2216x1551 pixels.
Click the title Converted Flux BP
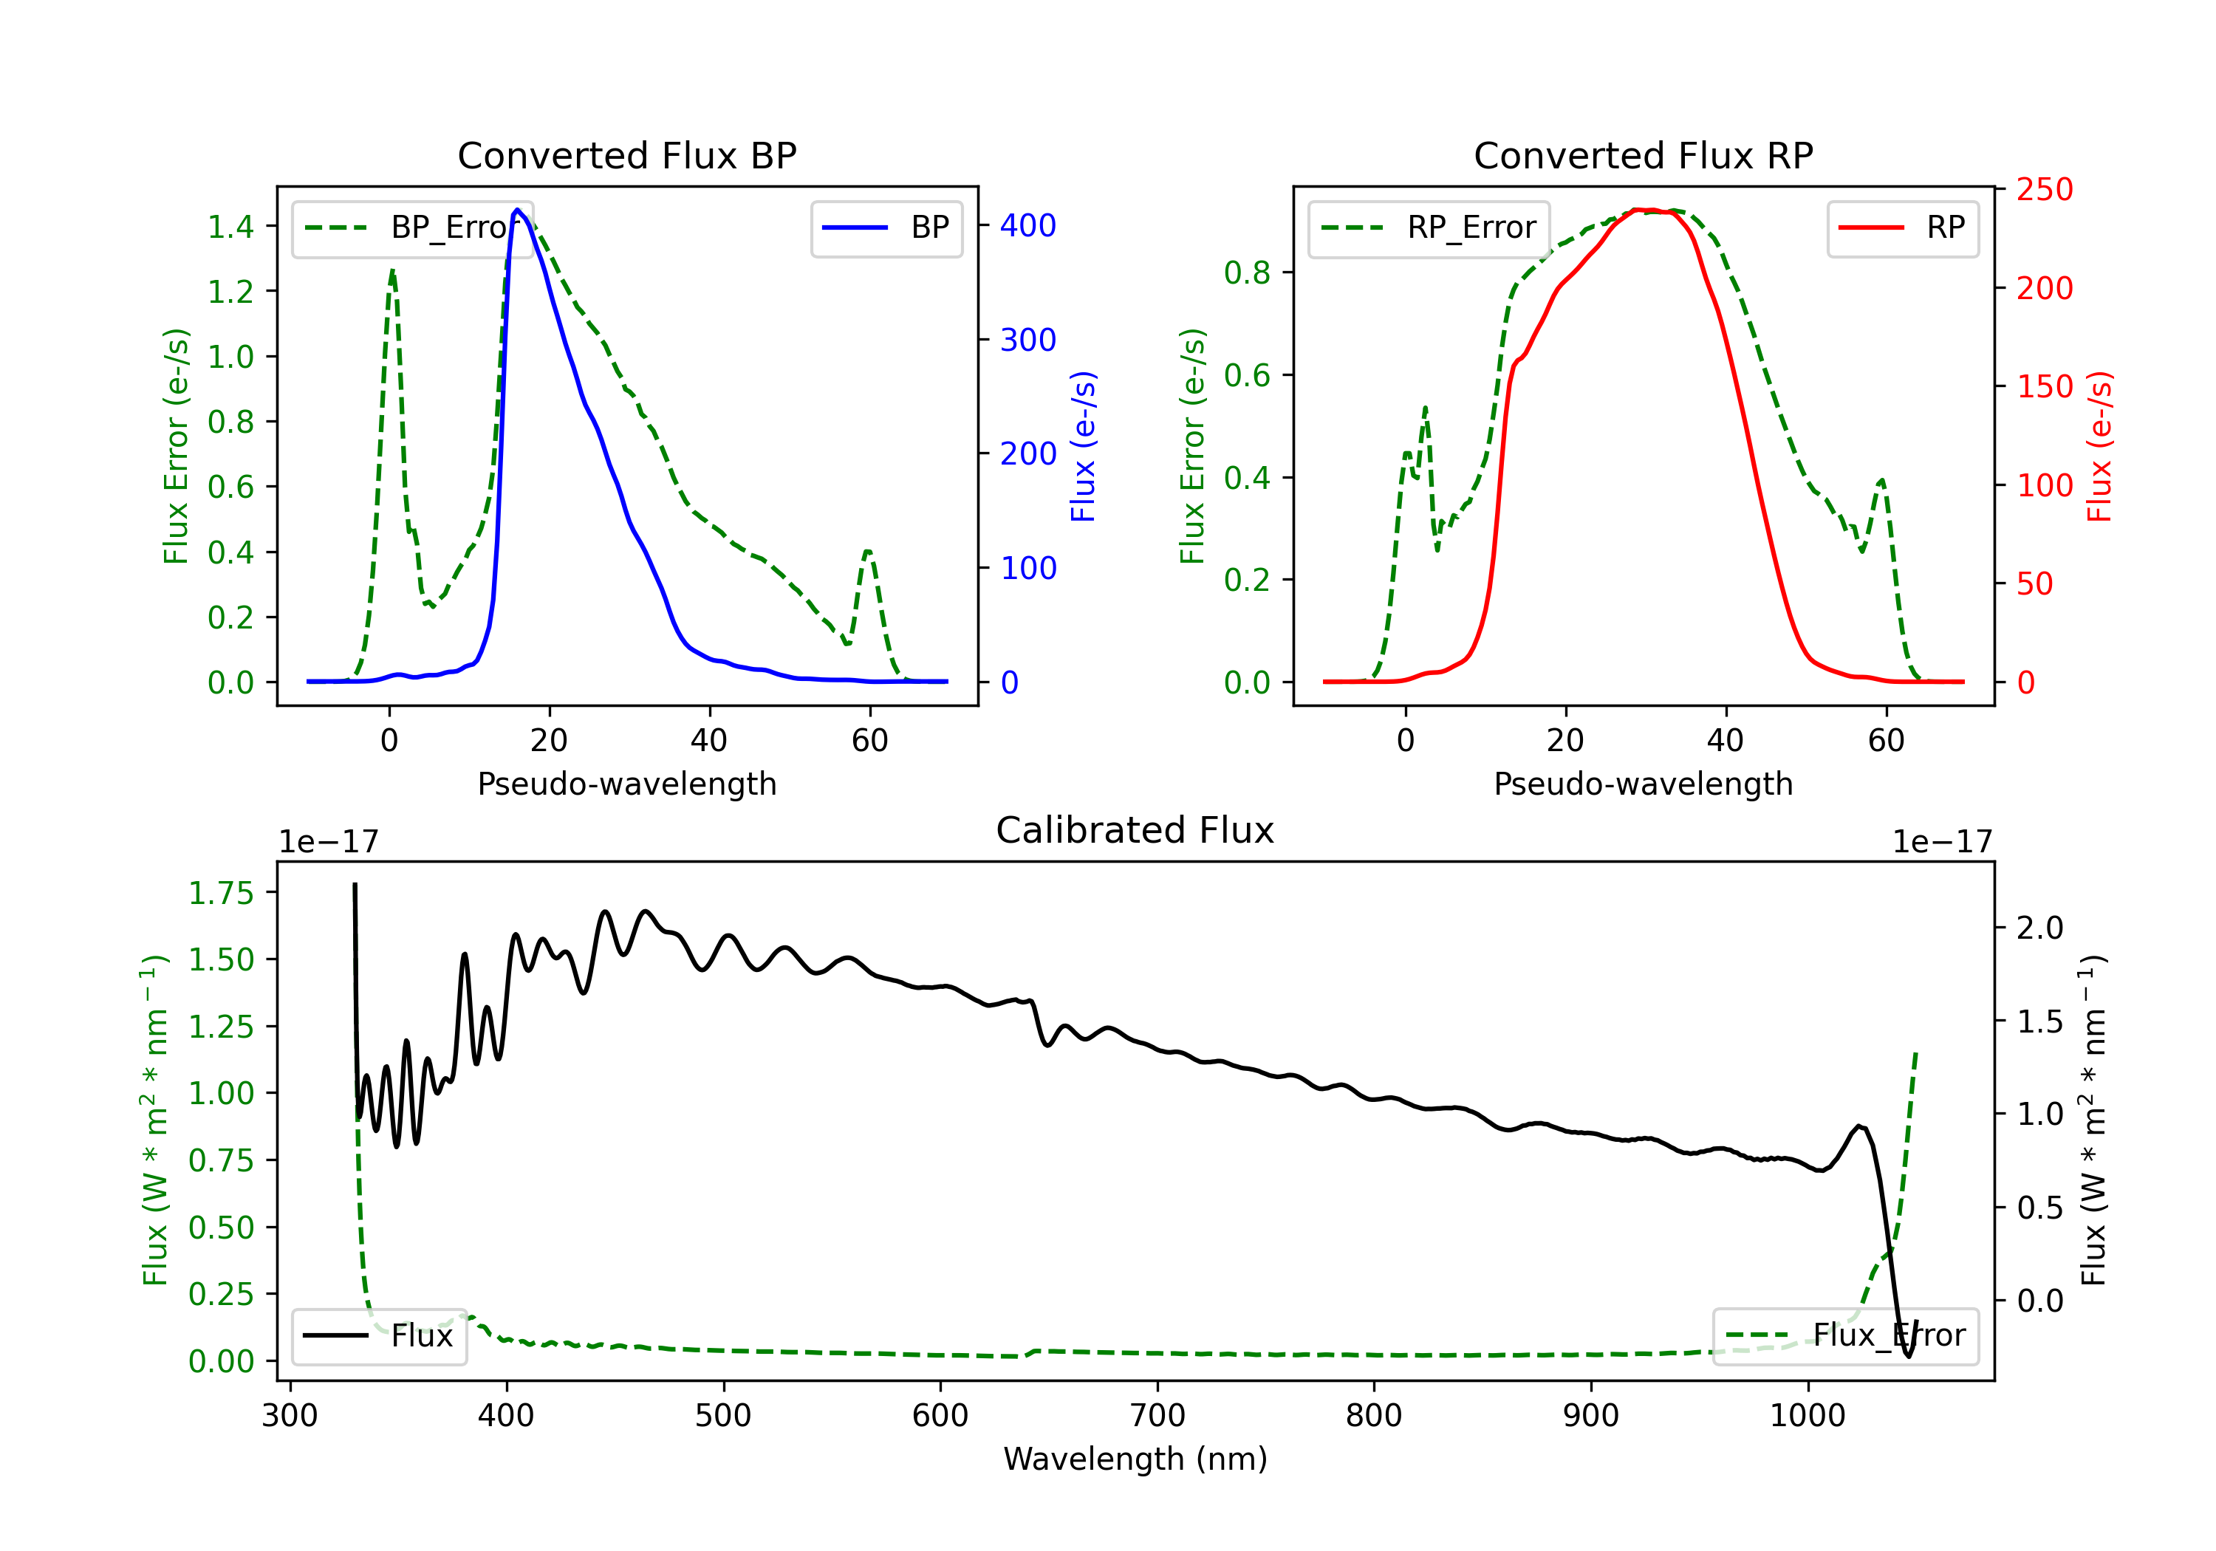coord(626,155)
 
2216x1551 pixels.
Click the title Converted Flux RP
coord(1643,155)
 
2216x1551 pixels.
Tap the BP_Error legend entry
coord(411,227)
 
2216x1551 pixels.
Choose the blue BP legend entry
coord(886,227)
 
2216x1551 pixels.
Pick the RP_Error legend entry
coord(1429,227)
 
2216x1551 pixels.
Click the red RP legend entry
coord(1902,227)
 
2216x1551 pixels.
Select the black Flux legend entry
coord(378,1336)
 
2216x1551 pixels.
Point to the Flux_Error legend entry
coord(1845,1336)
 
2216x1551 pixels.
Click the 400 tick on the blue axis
coord(1028,226)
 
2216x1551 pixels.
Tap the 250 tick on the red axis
coord(2044,190)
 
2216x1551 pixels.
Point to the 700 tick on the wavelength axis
coord(1157,1416)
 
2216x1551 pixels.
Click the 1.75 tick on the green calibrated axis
coord(221,894)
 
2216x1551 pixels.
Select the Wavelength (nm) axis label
coord(1135,1459)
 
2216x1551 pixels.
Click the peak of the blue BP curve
coord(517,210)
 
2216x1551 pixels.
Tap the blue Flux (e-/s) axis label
coord(1083,446)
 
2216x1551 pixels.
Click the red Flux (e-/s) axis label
coord(2099,446)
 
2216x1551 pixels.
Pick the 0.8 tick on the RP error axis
coord(1247,273)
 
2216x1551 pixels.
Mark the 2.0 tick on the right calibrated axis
coord(2039,928)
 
